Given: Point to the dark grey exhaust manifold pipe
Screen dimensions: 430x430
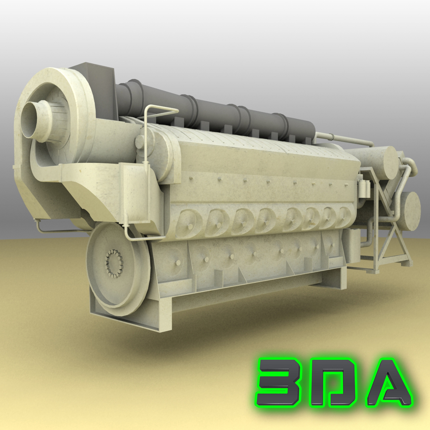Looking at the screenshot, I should coord(215,107).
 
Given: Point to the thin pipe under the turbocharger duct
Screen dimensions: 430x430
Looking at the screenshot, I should coord(57,229).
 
